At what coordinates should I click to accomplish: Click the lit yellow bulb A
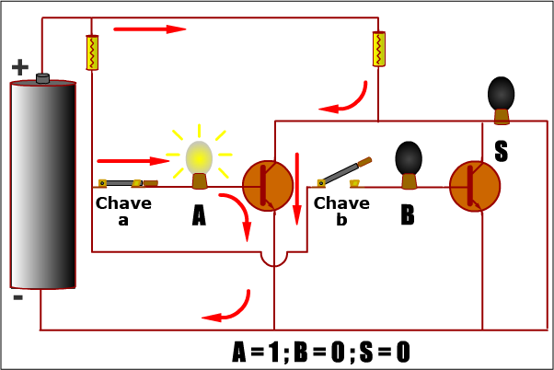pos(199,159)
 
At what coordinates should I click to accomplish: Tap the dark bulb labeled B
pos(409,159)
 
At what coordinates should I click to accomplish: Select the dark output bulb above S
pos(501,94)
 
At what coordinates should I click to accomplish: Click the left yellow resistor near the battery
pos(92,52)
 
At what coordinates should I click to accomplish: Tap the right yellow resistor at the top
pos(378,49)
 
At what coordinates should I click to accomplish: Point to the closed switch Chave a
pos(128,183)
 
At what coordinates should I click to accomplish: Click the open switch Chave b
pos(345,171)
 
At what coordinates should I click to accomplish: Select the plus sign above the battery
pos(19,67)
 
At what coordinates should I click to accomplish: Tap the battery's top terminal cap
pos(42,79)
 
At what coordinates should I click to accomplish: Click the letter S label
pos(501,152)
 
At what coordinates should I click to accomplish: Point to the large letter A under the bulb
pos(199,215)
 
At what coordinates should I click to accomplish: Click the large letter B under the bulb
pos(408,215)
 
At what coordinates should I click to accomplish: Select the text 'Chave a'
pos(123,211)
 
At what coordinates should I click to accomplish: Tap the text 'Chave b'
pos(341,211)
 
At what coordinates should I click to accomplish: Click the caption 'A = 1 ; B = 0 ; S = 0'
pos(321,352)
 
